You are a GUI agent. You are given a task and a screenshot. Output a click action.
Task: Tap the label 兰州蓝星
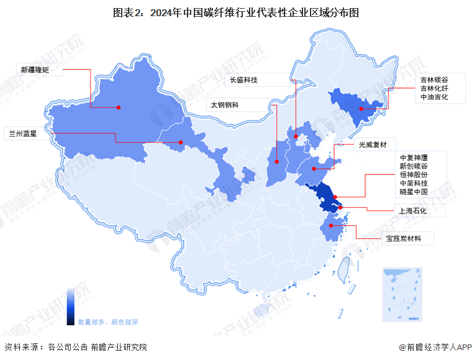[21, 133]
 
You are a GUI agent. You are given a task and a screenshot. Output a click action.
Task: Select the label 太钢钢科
[225, 105]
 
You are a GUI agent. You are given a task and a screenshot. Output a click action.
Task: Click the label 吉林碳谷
[433, 80]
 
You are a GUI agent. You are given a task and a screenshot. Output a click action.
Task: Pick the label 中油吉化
[433, 97]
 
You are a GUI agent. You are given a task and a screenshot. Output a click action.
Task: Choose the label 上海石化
[414, 210]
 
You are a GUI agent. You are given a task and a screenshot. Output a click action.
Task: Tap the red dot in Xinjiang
[119, 107]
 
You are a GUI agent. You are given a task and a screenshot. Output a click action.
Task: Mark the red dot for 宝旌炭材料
[332, 226]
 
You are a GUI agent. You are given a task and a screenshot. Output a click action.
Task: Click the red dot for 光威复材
[314, 168]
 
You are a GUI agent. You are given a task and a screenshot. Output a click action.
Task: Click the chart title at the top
[235, 12]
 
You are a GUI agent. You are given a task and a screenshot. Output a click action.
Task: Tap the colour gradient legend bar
[71, 305]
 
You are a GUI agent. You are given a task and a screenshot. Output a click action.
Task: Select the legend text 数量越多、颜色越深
[107, 322]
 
